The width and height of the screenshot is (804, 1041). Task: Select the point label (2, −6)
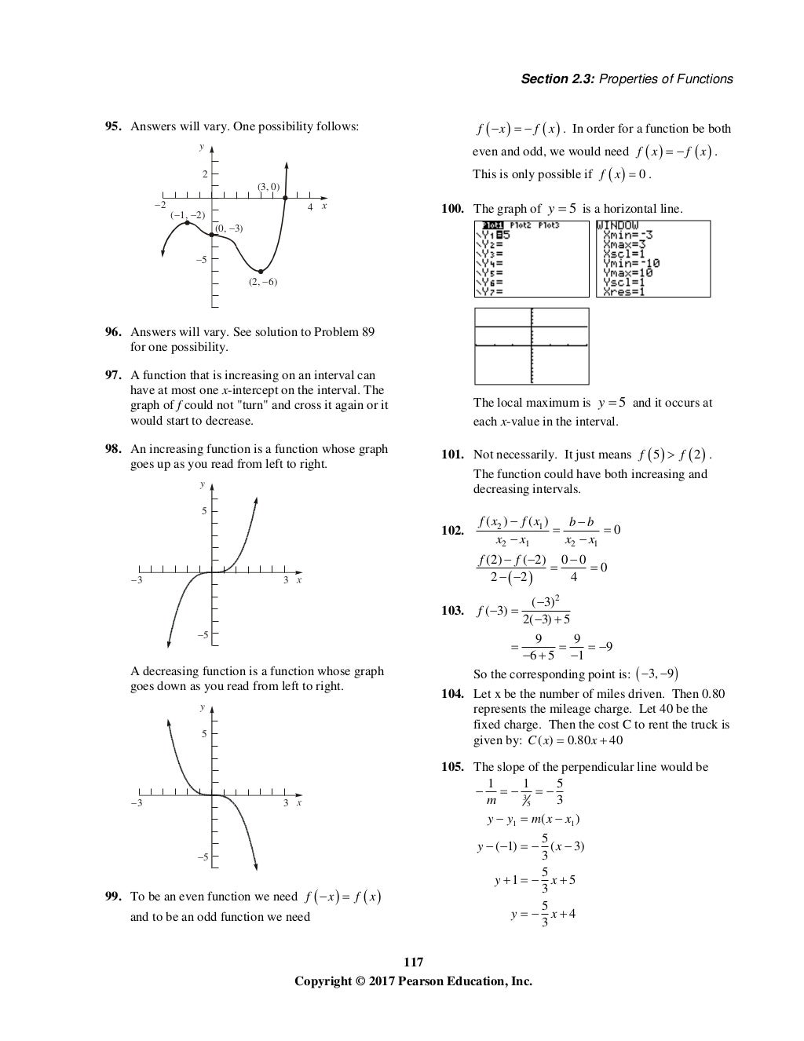263,282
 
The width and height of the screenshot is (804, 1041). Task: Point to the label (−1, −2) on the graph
188,214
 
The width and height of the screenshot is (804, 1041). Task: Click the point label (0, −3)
228,228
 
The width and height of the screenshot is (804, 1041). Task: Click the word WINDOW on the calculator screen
618,225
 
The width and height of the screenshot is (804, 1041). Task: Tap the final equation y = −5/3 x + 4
543,915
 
